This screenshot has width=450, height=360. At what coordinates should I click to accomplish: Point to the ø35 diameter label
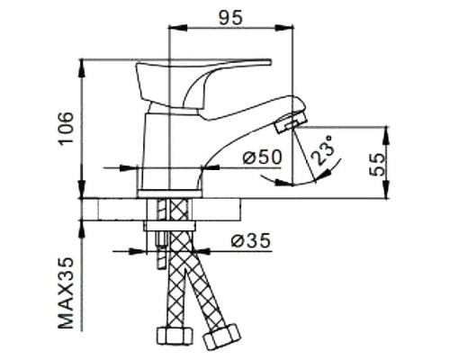[x=248, y=241]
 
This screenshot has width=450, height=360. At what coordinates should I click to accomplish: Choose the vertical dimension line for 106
[x=83, y=126]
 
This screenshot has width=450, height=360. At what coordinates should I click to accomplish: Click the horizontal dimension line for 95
[x=231, y=30]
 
